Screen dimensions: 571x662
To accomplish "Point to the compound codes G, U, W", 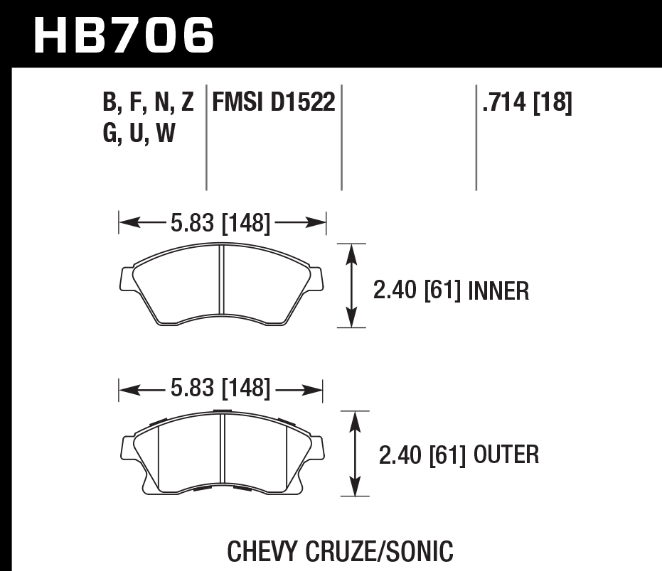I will [x=139, y=133].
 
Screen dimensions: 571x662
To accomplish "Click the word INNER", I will [x=498, y=290].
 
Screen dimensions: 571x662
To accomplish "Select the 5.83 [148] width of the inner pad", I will [x=220, y=224].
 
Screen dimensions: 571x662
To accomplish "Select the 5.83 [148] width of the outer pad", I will [x=220, y=388].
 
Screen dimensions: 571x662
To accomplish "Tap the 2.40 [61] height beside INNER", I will [x=417, y=290].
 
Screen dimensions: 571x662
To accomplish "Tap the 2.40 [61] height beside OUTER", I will [x=422, y=455].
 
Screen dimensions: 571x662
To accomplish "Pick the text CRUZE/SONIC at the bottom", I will [x=384, y=550].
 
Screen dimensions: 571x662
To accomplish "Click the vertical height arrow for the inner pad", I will [x=350, y=285].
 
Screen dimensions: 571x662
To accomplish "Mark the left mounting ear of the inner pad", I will [x=126, y=279].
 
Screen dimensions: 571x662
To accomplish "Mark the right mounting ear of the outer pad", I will [x=316, y=446].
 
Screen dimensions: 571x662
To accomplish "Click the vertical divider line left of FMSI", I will [x=206, y=138].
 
